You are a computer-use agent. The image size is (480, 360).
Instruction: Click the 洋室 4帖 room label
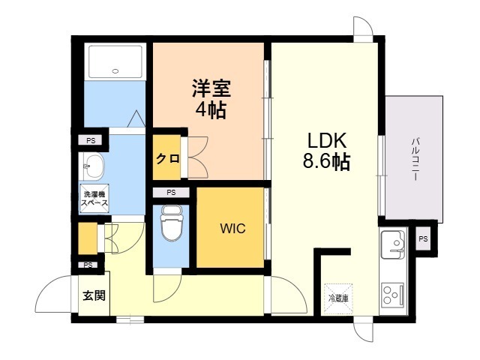tap(211, 99)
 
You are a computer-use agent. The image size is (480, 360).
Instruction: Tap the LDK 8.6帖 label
tap(326, 151)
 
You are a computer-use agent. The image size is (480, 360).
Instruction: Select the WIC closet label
tap(232, 228)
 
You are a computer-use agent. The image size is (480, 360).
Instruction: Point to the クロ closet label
tap(168, 158)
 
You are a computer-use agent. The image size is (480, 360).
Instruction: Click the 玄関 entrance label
tap(94, 295)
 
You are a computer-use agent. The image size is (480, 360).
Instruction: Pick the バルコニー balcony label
tap(415, 159)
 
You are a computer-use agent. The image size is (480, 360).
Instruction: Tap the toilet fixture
tap(172, 223)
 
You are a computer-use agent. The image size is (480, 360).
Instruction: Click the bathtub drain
tap(115, 71)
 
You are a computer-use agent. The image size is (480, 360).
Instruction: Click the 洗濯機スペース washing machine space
tap(94, 198)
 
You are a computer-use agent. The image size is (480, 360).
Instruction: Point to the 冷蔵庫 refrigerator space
tap(338, 298)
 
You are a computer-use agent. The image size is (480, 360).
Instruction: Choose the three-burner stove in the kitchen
tap(393, 295)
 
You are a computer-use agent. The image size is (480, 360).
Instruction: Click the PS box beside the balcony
tap(423, 238)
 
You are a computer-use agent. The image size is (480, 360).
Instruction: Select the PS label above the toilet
tap(172, 193)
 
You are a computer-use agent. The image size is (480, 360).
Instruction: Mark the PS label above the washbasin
tap(91, 141)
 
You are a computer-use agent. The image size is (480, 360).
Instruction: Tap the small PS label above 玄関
tap(88, 265)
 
